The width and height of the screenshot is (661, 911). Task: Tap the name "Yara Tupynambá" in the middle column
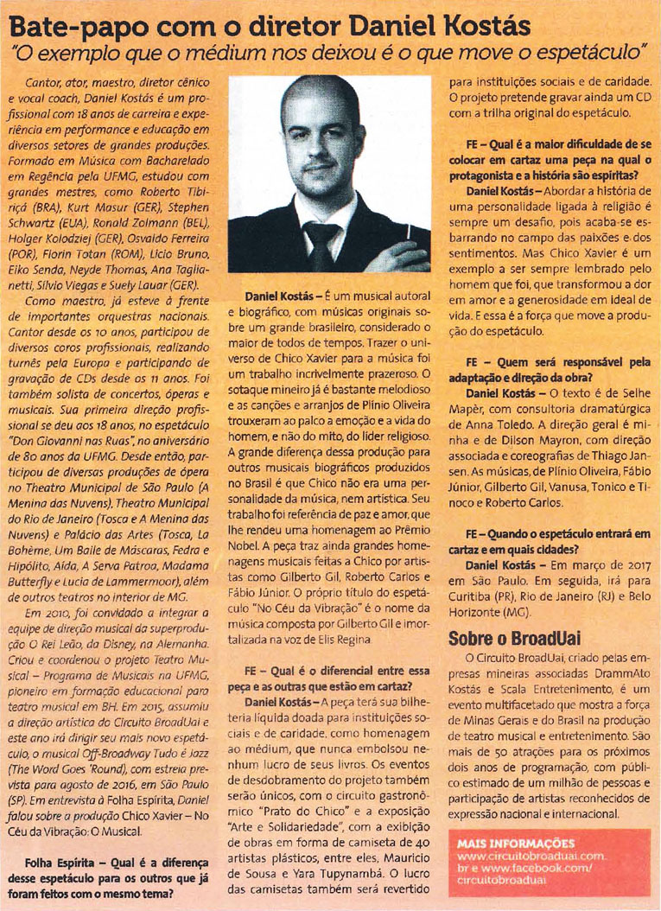coord(337,844)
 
